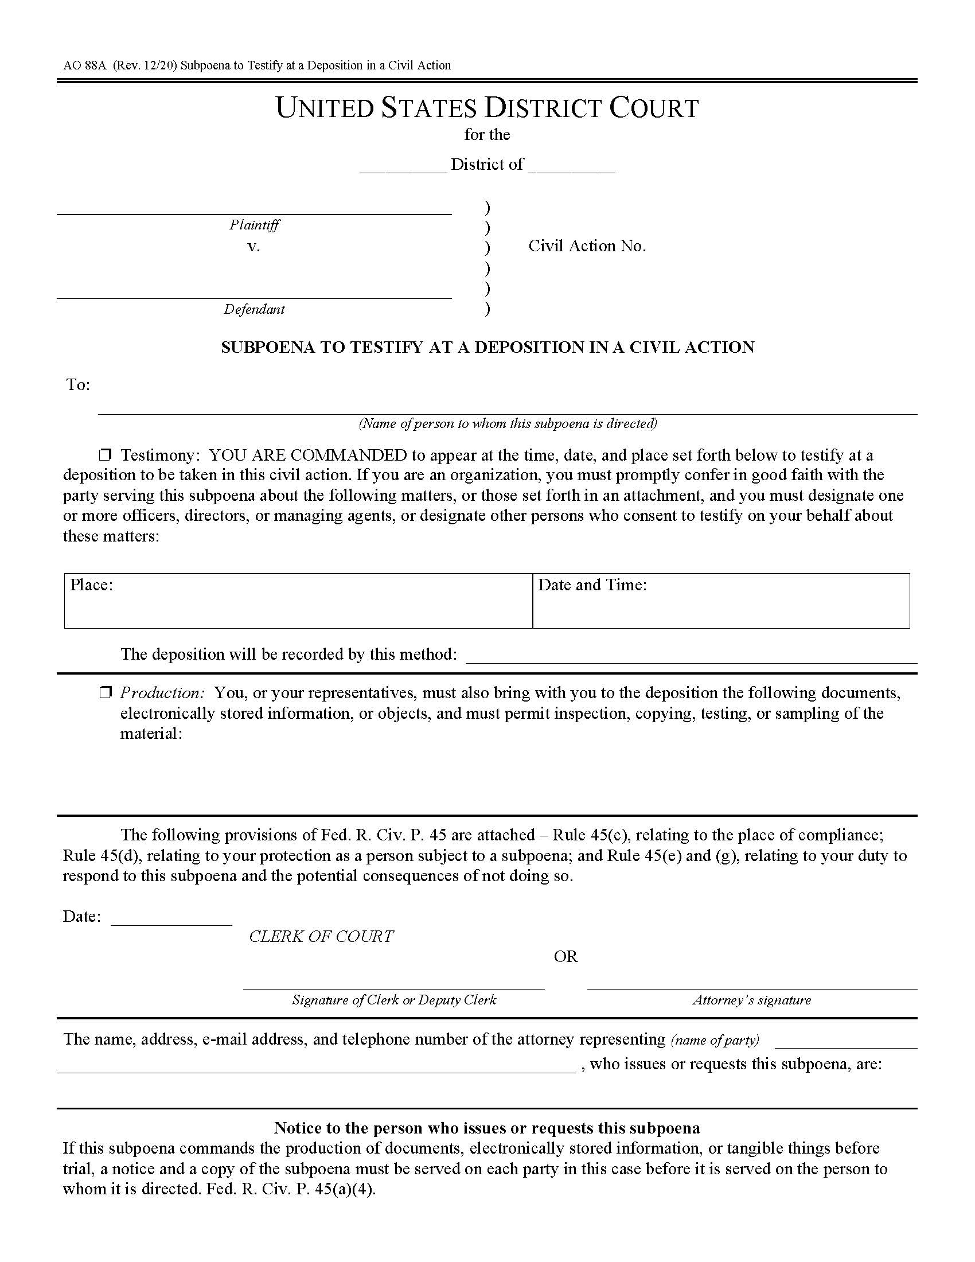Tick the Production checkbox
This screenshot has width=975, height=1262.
pos(105,693)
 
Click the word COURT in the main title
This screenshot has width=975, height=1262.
pos(654,108)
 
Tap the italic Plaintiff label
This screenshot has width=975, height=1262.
pos(254,225)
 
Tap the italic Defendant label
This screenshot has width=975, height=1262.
pos(254,309)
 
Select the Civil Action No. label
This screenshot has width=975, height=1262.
pos(587,246)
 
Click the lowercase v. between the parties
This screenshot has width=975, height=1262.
pos(253,247)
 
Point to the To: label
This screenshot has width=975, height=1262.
pos(78,385)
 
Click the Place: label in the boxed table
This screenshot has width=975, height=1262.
pos(91,585)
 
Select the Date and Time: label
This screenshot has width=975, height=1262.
pos(592,585)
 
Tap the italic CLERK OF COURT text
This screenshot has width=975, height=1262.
pos(321,936)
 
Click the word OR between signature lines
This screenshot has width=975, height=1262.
pos(565,956)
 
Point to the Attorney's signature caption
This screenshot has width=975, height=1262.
pos(751,1000)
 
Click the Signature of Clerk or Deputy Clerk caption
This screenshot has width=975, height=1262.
pos(394,1000)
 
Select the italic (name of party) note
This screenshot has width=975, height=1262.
pos(715,1040)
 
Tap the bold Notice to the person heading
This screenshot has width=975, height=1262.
pos(486,1128)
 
